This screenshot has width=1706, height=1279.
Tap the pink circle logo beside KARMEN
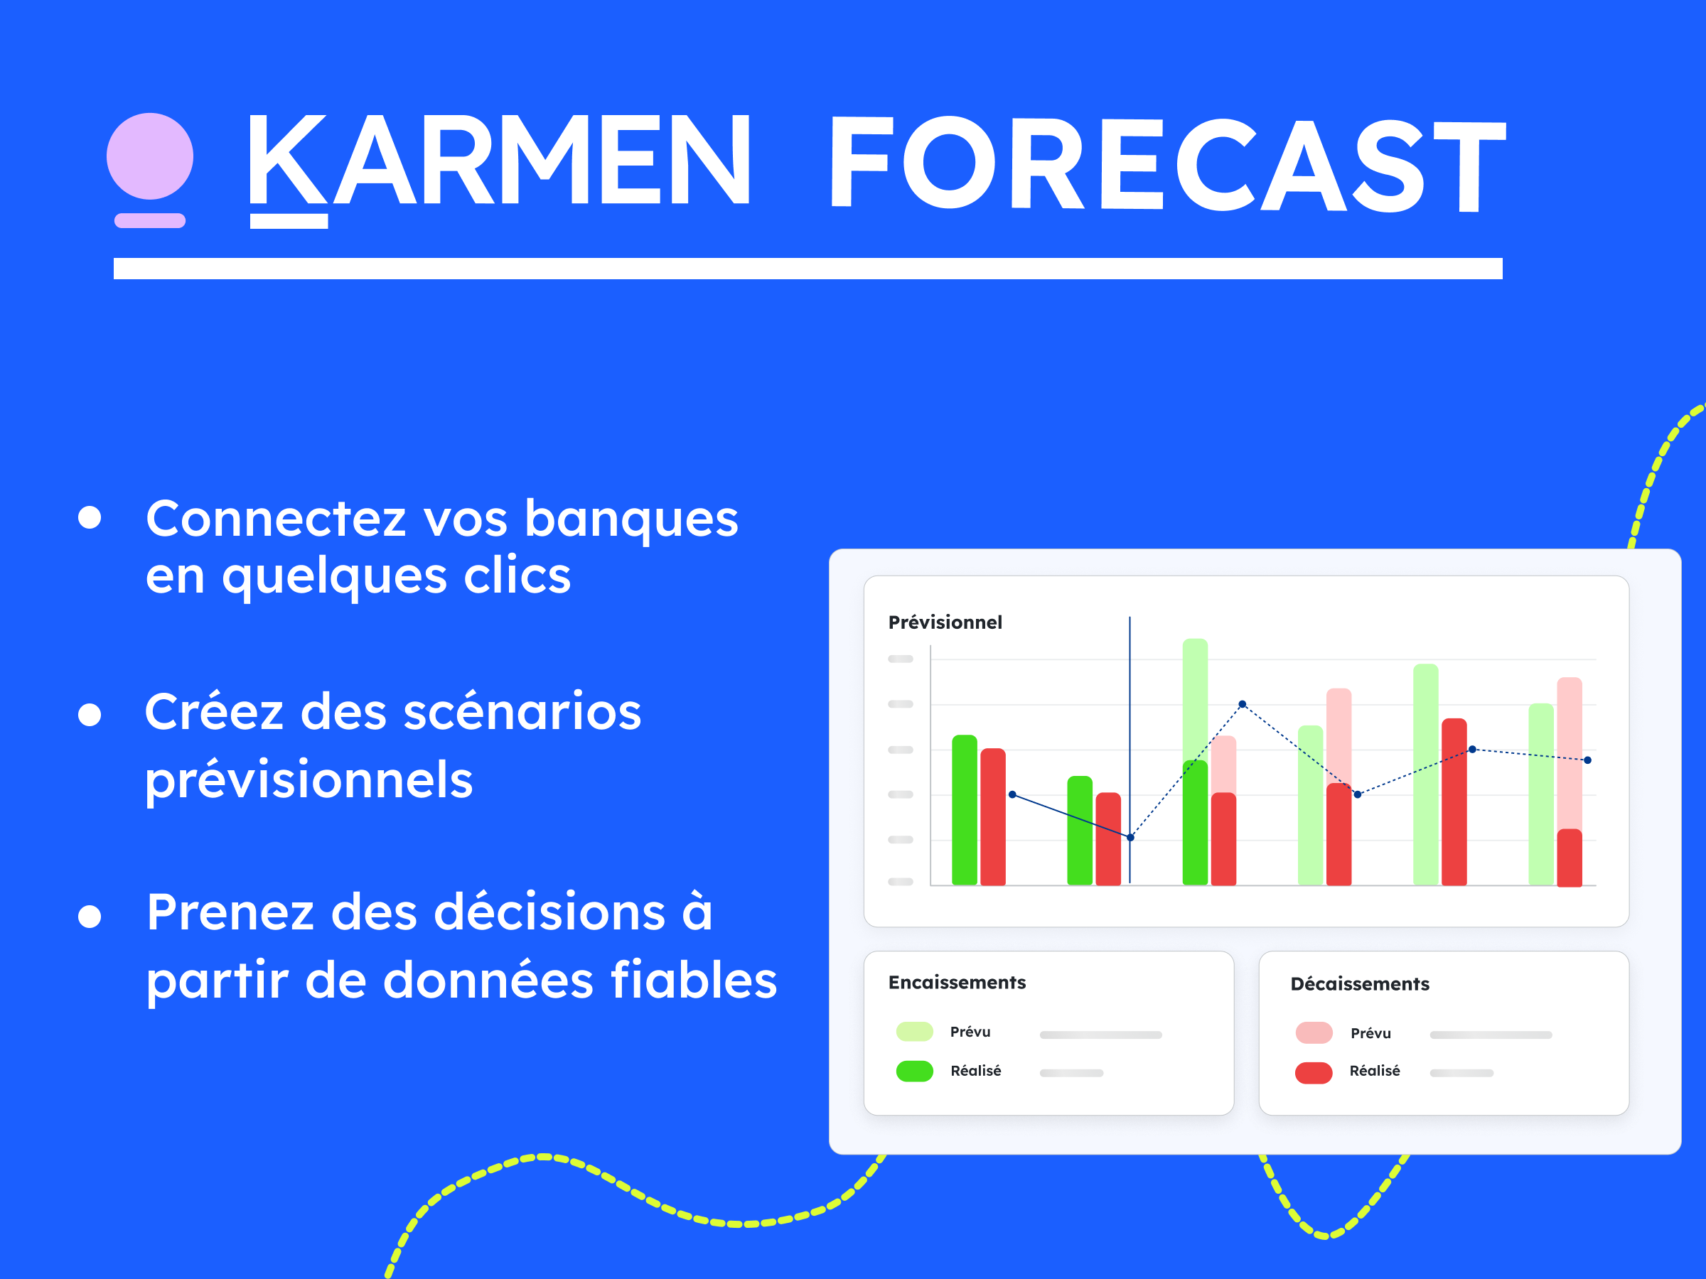point(149,156)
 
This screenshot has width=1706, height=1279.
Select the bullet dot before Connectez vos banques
point(90,517)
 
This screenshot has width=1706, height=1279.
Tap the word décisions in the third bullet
point(549,913)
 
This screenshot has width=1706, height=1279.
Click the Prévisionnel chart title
point(945,622)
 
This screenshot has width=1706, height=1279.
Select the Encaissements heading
point(956,982)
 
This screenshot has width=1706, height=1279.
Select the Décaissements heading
point(1359,983)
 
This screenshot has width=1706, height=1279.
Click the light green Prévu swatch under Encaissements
point(915,1032)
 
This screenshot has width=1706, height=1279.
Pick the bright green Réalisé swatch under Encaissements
point(915,1071)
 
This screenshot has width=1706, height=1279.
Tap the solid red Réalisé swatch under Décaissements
point(1314,1072)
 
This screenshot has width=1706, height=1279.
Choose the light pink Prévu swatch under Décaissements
point(1314,1032)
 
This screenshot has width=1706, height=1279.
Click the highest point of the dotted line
point(1242,704)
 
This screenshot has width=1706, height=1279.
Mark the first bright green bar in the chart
point(964,809)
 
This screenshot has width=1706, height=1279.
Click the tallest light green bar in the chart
point(1195,694)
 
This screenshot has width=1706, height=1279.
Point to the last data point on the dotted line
point(1587,760)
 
